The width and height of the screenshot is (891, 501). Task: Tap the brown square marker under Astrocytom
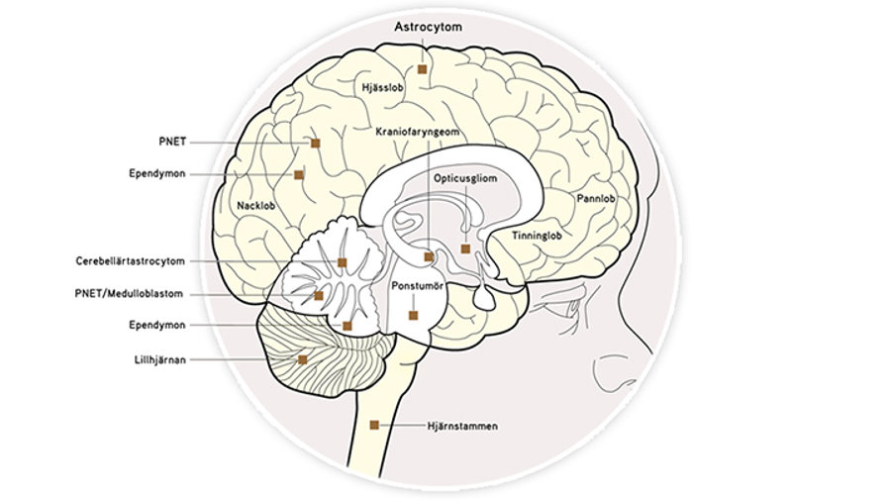click(422, 69)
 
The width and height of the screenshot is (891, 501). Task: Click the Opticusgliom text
click(464, 178)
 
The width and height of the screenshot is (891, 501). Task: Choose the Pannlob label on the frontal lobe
click(594, 198)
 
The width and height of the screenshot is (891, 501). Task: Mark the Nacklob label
click(256, 206)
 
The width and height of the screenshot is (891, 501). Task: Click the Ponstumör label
click(415, 285)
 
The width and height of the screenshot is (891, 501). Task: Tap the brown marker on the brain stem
click(374, 425)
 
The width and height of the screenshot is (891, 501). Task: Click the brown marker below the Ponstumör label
click(414, 315)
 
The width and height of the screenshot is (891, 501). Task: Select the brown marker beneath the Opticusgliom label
click(465, 249)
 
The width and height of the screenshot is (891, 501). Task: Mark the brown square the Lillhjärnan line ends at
click(303, 359)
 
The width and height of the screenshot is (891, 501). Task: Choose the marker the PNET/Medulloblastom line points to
click(319, 295)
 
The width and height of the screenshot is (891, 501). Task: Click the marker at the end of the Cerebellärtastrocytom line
click(342, 262)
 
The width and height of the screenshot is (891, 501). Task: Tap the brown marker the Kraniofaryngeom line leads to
click(428, 256)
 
